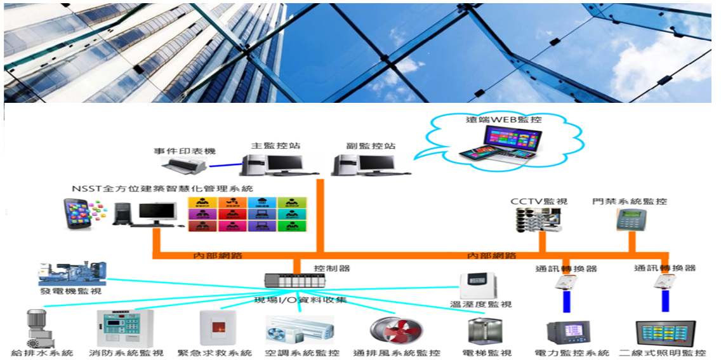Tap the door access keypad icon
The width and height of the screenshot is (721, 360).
point(626,220)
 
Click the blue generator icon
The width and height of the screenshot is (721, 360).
point(72,274)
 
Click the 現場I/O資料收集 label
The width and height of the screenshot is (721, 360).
point(300,300)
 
